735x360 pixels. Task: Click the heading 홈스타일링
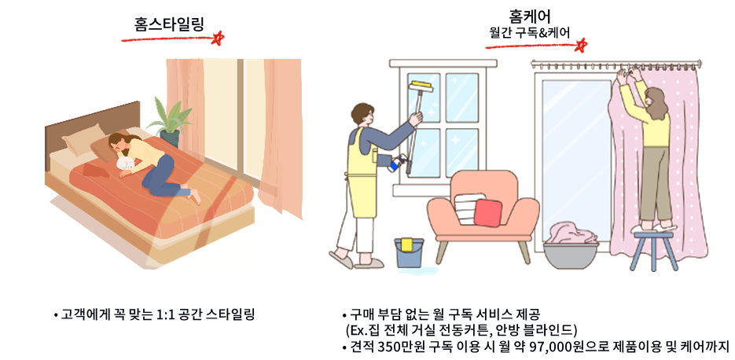[169, 24]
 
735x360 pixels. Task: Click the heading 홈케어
[530, 17]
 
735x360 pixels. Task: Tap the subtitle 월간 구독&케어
[530, 33]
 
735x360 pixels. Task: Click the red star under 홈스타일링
[217, 39]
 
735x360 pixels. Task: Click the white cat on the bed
[125, 163]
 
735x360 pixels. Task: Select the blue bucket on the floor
[409, 253]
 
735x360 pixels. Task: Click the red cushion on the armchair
[487, 213]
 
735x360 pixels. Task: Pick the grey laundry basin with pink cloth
[571, 247]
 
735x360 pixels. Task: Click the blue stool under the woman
[654, 250]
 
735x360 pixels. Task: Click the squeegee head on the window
[420, 86]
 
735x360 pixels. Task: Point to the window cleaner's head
[363, 115]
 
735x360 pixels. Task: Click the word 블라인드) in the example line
[554, 330]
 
